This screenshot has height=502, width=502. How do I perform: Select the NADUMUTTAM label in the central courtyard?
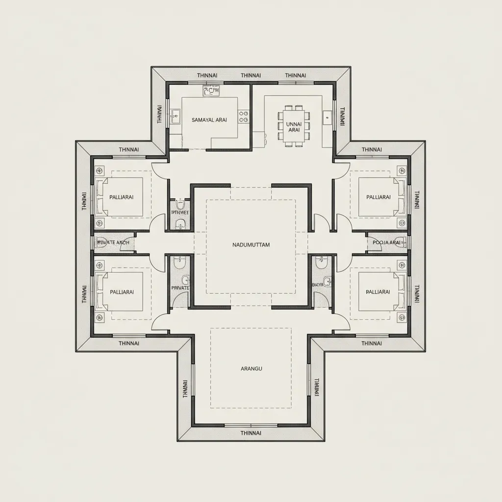pyautogui.click(x=251, y=245)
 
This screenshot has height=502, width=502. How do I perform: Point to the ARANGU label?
pyautogui.click(x=251, y=369)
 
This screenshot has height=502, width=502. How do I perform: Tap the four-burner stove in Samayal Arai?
pyautogui.click(x=244, y=116)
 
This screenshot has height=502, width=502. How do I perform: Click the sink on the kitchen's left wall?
pyautogui.click(x=175, y=116)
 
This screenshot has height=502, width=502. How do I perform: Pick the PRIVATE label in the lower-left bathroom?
pyautogui.click(x=179, y=288)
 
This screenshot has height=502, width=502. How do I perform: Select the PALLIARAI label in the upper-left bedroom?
pyautogui.click(x=122, y=197)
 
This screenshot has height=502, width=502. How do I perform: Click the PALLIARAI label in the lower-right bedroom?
pyautogui.click(x=378, y=292)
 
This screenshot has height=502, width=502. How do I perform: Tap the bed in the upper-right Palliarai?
pyautogui.click(x=381, y=197)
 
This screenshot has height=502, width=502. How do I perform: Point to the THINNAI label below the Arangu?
pyautogui.click(x=251, y=433)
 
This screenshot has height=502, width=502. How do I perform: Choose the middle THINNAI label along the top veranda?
pyautogui.click(x=251, y=75)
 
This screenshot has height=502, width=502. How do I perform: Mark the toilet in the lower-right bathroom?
pyautogui.click(x=322, y=264)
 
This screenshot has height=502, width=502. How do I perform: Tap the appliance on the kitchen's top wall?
pyautogui.click(x=211, y=91)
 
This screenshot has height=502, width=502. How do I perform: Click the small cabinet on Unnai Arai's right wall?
pyautogui.click(x=327, y=117)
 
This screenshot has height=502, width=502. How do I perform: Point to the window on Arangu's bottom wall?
pyautogui.click(x=251, y=425)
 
